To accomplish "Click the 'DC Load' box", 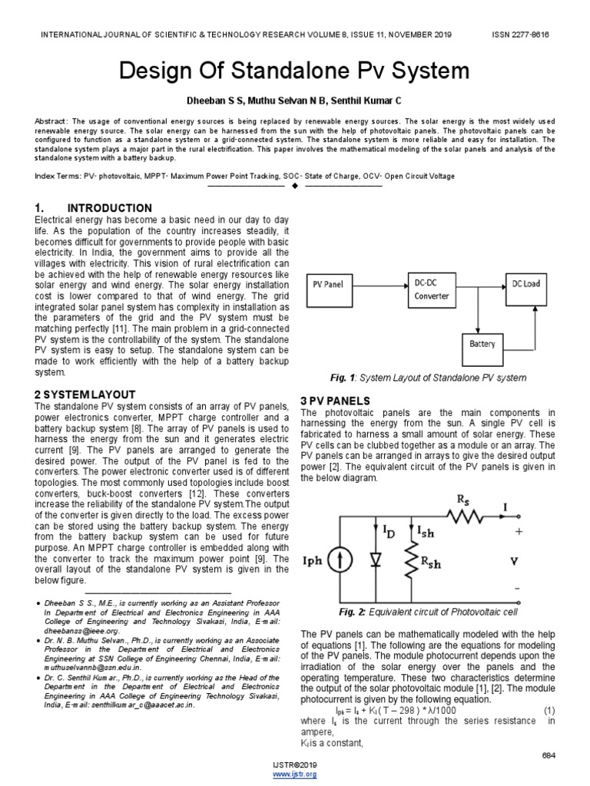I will click(526, 284).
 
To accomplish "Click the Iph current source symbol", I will click(336, 561).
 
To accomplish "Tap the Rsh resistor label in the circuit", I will click(432, 564).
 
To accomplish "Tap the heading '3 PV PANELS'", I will click(335, 401).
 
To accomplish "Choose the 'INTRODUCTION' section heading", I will click(110, 208).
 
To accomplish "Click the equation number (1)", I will click(549, 712).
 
